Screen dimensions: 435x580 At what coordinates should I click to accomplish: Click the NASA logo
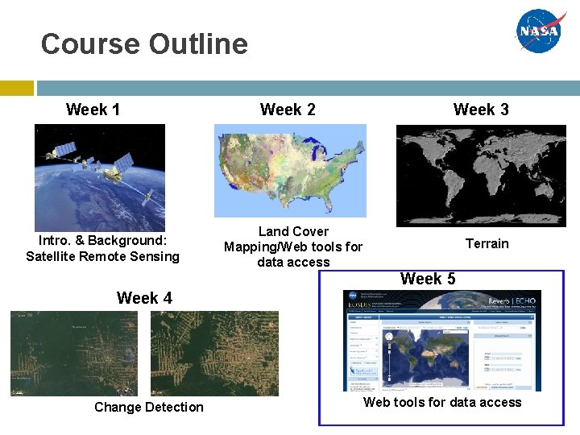542,31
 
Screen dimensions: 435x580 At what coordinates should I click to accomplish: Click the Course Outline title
144,43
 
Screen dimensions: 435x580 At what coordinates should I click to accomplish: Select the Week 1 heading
93,110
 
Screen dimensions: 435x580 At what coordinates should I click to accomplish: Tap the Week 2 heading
288,110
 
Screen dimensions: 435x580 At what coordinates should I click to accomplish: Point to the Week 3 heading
481,110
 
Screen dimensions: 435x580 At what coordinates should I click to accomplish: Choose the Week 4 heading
144,298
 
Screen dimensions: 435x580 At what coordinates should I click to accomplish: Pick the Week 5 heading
427,280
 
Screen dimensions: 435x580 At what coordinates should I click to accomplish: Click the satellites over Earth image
99,177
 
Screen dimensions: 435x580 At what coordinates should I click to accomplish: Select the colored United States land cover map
290,170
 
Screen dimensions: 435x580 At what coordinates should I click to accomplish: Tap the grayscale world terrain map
481,175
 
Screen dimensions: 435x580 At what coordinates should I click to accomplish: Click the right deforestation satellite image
214,354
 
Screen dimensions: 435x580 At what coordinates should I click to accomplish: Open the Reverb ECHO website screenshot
441,341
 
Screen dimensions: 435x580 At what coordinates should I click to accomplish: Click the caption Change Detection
149,407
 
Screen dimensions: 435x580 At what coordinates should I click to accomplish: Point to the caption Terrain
487,243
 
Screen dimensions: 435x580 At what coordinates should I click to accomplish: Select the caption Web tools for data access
442,402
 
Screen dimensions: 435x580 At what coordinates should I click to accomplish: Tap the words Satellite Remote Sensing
102,256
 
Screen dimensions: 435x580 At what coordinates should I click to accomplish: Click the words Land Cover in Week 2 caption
293,232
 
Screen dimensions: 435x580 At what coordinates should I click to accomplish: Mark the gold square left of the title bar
16,87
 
